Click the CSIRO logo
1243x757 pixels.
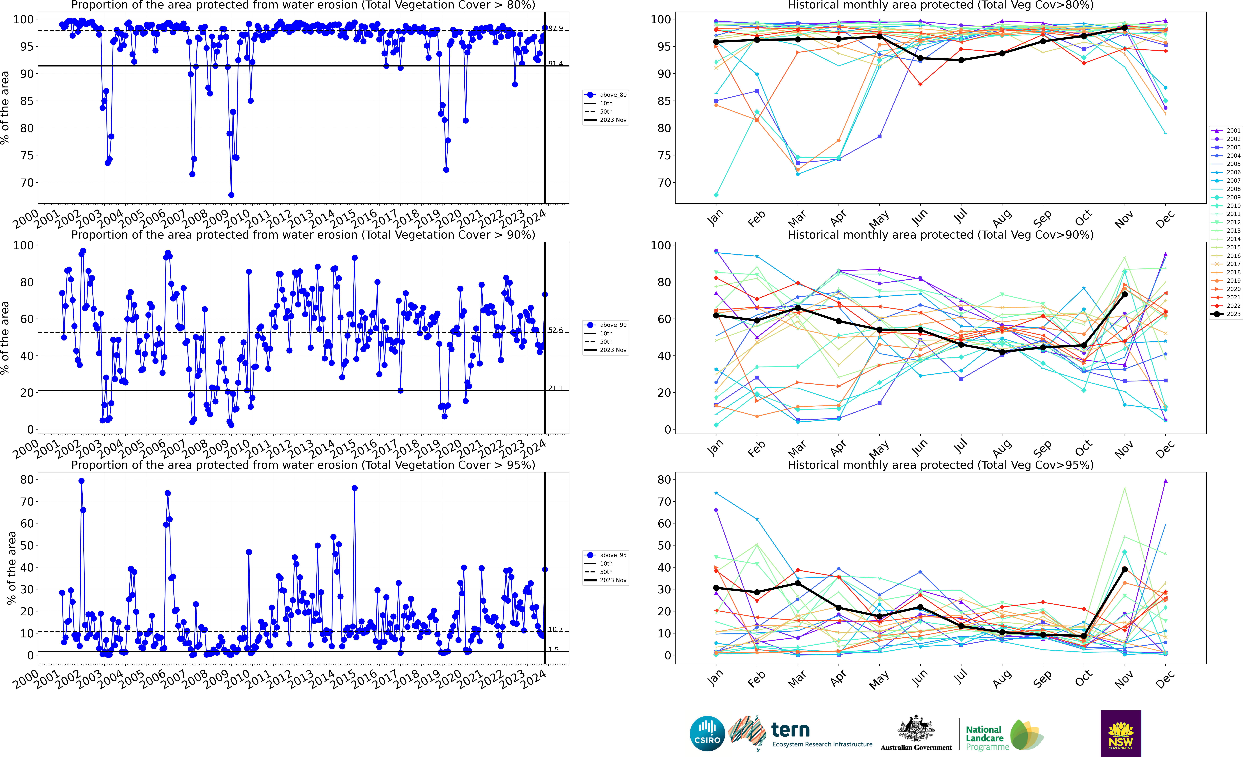707,733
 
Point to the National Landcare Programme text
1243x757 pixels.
987,738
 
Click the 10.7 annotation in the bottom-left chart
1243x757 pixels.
555,629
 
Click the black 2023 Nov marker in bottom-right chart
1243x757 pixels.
1124,569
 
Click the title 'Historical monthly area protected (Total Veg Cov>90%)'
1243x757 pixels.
940,235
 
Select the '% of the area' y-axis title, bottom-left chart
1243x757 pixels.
11,568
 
